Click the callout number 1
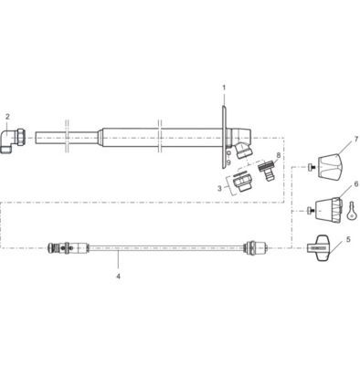(224, 88)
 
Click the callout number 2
(7, 117)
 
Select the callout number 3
(219, 189)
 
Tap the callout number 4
(118, 276)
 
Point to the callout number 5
(348, 239)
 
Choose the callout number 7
(356, 140)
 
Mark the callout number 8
(278, 156)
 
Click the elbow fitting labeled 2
(14, 141)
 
